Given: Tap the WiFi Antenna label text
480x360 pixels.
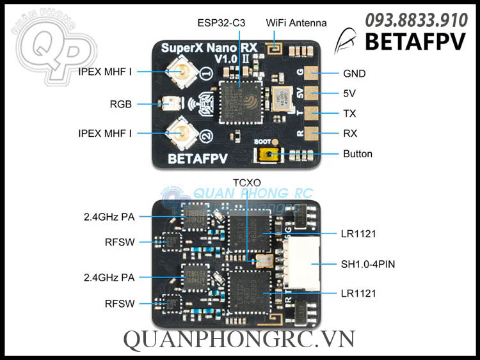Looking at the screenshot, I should coord(296,23).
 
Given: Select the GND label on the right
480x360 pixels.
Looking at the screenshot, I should coord(354,74).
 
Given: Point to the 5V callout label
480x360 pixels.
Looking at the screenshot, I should coord(349,93).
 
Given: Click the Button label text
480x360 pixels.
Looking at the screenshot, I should coord(357,153).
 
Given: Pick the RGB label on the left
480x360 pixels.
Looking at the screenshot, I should coord(120,104).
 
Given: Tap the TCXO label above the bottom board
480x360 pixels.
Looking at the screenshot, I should coord(246,184).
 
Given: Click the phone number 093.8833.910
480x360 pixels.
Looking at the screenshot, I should coord(415,20).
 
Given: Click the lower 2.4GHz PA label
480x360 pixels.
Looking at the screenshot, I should coord(109,277).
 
